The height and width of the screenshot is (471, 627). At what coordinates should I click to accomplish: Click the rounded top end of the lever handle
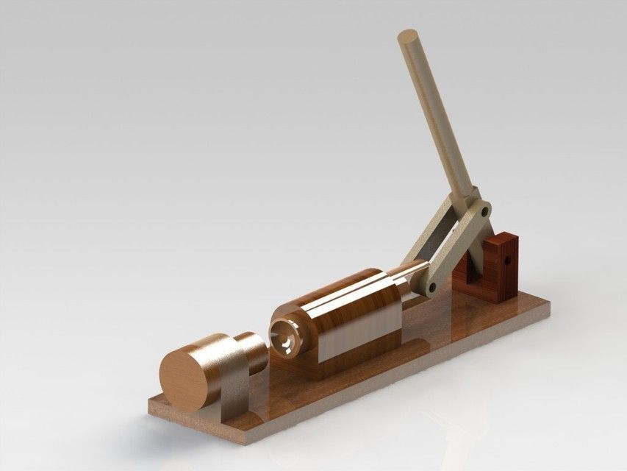[409, 36]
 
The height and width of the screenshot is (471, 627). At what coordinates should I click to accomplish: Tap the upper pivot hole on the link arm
[483, 210]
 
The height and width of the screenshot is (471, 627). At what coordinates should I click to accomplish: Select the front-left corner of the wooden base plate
[151, 404]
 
